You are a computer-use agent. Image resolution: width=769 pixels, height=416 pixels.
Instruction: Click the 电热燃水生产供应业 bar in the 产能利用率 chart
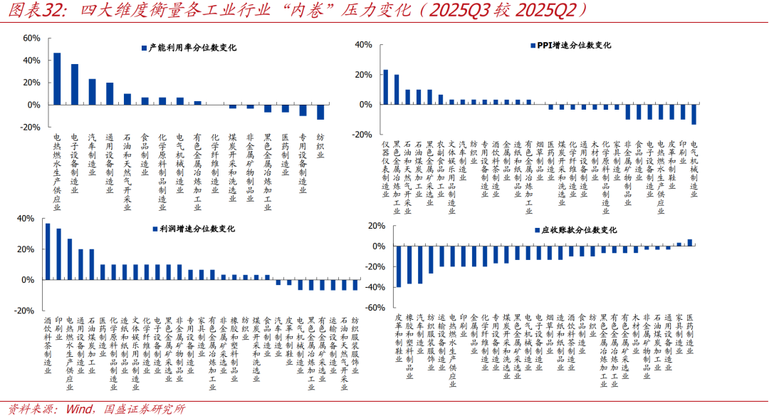(x=57, y=79)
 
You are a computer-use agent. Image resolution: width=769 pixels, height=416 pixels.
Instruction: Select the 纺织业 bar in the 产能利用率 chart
(x=320, y=112)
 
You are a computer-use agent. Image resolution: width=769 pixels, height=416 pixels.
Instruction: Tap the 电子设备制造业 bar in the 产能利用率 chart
(x=74, y=85)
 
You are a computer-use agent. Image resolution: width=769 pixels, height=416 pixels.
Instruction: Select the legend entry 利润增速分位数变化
(x=192, y=229)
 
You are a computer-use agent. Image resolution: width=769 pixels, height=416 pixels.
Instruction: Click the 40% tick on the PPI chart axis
(x=363, y=45)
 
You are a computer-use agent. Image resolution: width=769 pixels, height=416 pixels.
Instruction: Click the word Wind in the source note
(x=77, y=409)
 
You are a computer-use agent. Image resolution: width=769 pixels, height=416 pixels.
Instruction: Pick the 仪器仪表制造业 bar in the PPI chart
(x=385, y=87)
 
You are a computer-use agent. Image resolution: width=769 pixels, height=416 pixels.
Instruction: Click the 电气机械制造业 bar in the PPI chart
(x=694, y=115)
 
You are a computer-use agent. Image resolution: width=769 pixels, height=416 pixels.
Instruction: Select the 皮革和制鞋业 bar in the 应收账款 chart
(x=399, y=266)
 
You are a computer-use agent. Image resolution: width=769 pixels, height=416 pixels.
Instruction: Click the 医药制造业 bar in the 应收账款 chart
(x=689, y=242)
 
